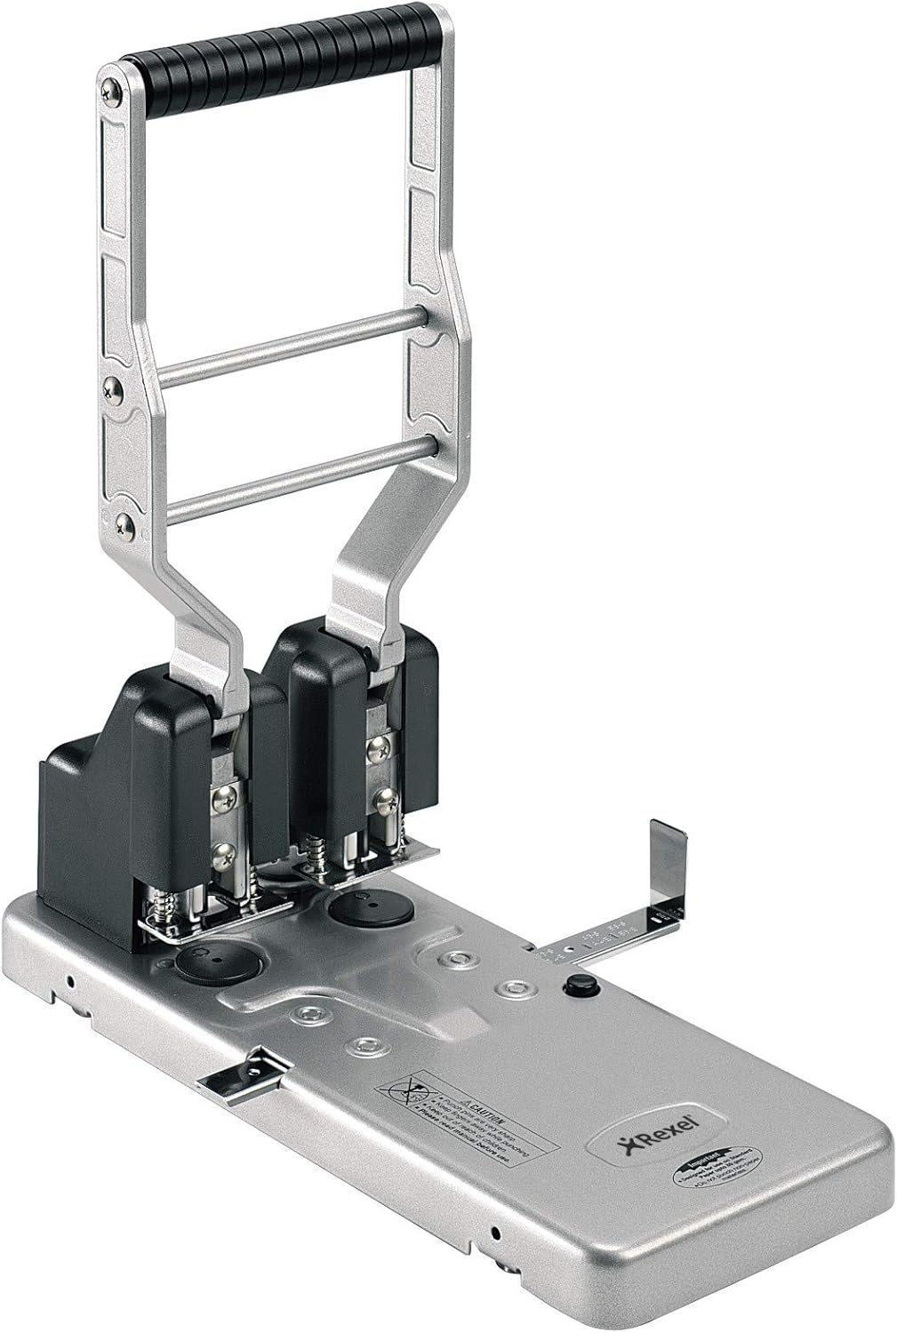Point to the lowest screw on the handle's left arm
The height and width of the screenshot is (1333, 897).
click(x=125, y=525)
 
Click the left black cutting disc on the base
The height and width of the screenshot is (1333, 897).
click(x=211, y=958)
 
